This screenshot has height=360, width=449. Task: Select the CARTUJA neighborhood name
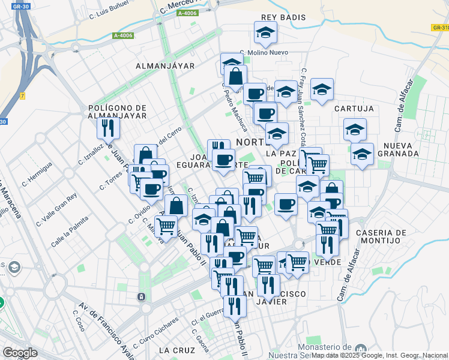tap(354, 109)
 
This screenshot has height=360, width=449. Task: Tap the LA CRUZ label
tap(177, 350)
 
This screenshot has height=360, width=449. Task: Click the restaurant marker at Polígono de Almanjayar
tap(108, 127)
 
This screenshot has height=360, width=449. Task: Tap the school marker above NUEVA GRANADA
tap(355, 129)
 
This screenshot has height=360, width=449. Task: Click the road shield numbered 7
tap(22, 96)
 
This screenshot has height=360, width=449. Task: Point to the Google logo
tap(20, 353)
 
